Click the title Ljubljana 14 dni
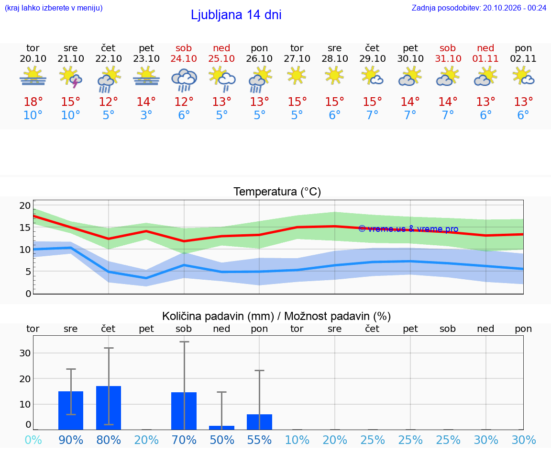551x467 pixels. [x=236, y=15]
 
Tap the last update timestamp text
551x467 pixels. [x=479, y=8]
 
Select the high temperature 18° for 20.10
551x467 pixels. [x=33, y=102]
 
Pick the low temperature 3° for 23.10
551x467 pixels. [x=146, y=115]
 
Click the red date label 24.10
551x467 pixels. [x=184, y=58]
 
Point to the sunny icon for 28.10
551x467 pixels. [x=334, y=75]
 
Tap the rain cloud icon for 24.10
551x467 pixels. [x=184, y=80]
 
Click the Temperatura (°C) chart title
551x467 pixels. [x=277, y=192]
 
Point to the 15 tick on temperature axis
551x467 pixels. [x=25, y=228]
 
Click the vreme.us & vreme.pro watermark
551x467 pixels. [x=408, y=229]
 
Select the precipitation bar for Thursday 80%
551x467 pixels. [x=109, y=408]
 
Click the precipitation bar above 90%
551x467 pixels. [x=71, y=410]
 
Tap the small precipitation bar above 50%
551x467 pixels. [x=222, y=428]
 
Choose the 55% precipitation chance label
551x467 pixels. [x=259, y=440]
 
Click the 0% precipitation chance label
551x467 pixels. [x=33, y=440]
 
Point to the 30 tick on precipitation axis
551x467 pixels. [x=25, y=353]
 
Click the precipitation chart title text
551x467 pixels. [x=276, y=316]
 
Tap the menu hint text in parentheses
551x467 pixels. [x=54, y=8]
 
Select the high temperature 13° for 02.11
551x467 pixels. [x=523, y=102]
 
